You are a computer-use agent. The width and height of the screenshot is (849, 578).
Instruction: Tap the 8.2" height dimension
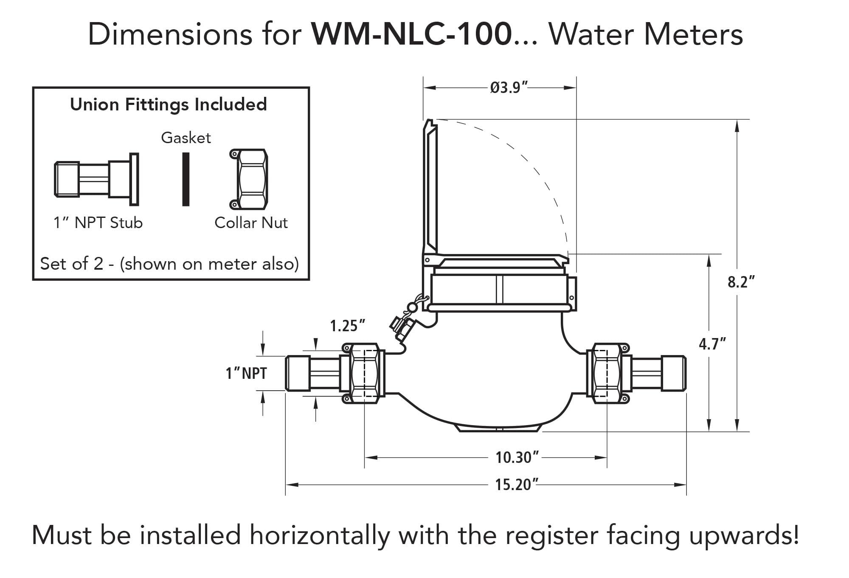click(x=741, y=282)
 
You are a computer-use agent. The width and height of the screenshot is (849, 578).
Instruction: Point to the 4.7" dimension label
click(x=713, y=344)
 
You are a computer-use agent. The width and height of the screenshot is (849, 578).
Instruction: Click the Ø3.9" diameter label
click(x=508, y=87)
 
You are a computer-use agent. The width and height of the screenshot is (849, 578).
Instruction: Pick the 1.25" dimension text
click(x=348, y=326)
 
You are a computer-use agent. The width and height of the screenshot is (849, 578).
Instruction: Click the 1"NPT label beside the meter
click(x=246, y=373)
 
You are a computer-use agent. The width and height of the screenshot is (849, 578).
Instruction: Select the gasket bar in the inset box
click(x=186, y=179)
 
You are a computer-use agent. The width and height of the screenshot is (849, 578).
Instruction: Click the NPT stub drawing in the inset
click(x=97, y=179)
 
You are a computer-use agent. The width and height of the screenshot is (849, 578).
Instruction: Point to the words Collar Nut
click(x=251, y=223)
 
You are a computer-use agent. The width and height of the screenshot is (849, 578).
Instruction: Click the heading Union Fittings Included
click(x=169, y=104)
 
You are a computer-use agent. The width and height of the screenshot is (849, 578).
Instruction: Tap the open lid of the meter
click(x=430, y=187)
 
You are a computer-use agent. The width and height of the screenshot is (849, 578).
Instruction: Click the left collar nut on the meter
click(x=364, y=373)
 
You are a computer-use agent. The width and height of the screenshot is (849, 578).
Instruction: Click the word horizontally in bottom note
click(x=320, y=535)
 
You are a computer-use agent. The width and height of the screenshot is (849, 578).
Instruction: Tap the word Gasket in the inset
click(x=186, y=138)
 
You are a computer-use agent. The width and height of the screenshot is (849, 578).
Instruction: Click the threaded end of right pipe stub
click(x=675, y=373)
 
